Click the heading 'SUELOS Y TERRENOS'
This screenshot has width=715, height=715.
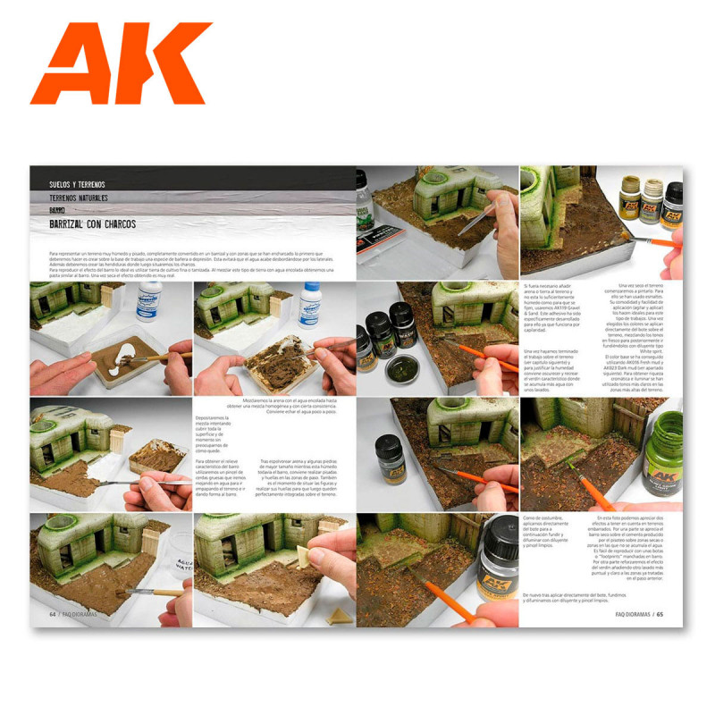coord(85,185)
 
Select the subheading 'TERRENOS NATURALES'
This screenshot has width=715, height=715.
coord(90,198)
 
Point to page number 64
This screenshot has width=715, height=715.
coord(55,614)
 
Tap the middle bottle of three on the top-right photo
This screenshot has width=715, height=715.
coord(651,206)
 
